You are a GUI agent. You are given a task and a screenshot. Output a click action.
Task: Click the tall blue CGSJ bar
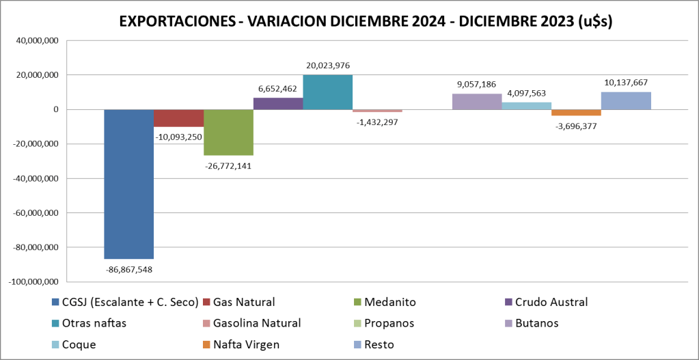(x=128, y=184)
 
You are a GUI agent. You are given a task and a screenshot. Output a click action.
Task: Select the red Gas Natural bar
(x=178, y=118)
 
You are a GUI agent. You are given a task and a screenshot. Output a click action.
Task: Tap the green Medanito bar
(x=228, y=132)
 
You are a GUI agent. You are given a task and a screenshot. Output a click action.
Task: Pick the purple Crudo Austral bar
(x=278, y=103)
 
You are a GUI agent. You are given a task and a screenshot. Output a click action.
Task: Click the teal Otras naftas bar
(x=327, y=92)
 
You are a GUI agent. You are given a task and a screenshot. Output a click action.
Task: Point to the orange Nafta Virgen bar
(x=576, y=113)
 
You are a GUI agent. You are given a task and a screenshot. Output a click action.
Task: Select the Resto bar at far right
(x=626, y=100)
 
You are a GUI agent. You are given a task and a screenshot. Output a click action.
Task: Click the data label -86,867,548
(x=129, y=270)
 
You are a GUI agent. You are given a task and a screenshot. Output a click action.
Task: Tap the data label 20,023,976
(x=328, y=66)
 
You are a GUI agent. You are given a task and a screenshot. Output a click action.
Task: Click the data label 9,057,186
(x=477, y=85)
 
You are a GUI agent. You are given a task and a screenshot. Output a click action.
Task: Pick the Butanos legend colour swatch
(x=507, y=323)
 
